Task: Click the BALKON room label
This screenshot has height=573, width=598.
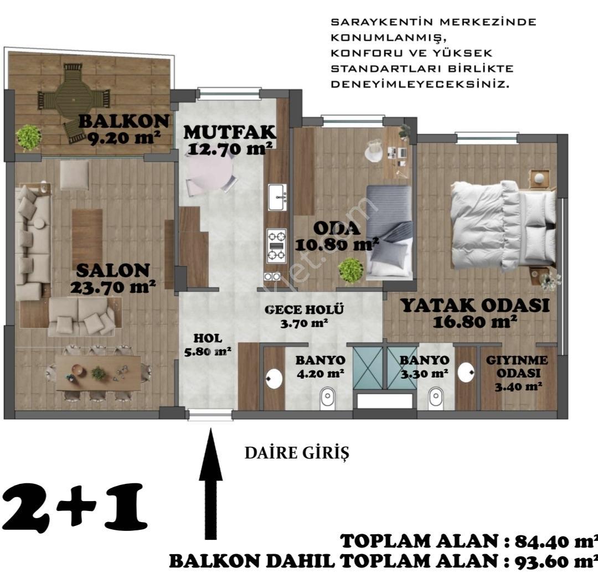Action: pos(124,122)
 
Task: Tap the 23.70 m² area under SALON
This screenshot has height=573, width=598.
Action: pos(113,287)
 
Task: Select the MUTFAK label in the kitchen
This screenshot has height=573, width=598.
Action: pos(230,132)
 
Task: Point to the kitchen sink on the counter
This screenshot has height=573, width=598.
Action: pos(277,197)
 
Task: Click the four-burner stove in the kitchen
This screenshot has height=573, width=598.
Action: pos(276,245)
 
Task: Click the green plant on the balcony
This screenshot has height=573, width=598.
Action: pos(29,137)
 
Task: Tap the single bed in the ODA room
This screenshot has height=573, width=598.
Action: pos(389,233)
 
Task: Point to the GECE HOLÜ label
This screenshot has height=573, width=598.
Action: pos(305,309)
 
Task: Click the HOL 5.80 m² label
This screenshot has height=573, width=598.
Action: pos(208,345)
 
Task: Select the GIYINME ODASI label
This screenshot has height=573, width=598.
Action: pos(517,373)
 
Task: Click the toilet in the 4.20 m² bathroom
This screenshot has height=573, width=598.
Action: pos(328,398)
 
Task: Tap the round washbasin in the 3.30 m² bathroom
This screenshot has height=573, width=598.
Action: pos(466,372)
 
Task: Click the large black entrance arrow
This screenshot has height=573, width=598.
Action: pos(210,484)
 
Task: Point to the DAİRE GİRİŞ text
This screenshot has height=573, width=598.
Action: pos(297,453)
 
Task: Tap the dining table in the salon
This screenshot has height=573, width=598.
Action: pos(99,373)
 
